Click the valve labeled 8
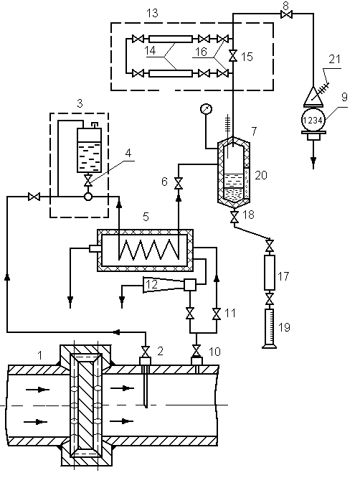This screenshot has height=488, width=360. (286, 14)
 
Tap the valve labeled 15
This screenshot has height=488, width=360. (233, 56)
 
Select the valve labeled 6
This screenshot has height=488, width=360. (179, 183)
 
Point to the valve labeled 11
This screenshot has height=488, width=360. (217, 314)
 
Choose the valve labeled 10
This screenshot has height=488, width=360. (196, 350)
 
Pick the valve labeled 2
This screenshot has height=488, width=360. (145, 352)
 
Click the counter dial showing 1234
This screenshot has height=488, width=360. (313, 120)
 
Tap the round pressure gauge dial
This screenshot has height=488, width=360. (206, 109)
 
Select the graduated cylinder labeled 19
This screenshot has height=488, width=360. (269, 328)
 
